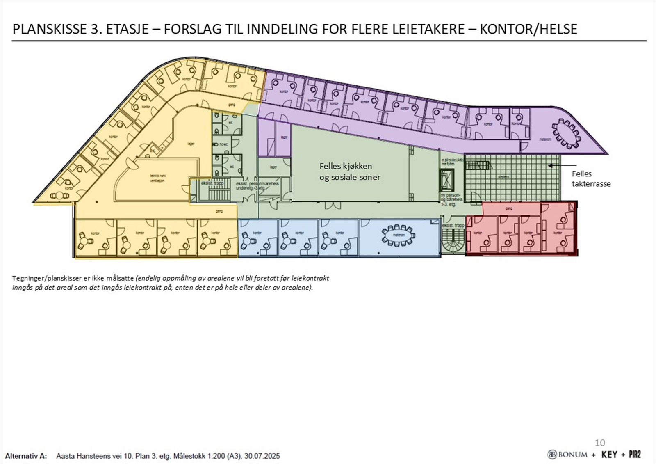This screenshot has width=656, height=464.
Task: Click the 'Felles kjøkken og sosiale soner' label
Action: coord(349,171)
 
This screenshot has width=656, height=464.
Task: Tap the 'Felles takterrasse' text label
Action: coord(591,178)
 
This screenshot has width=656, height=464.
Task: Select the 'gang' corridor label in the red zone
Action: coord(509,208)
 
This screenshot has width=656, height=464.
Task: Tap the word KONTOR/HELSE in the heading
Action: coord(528,29)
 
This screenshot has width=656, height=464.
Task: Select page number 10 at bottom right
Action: coord(599,442)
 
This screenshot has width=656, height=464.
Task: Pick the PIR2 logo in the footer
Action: coord(634,454)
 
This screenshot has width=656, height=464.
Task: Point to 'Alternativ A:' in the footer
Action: coord(26,456)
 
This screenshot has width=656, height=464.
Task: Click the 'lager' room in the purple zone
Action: coord(284,137)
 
